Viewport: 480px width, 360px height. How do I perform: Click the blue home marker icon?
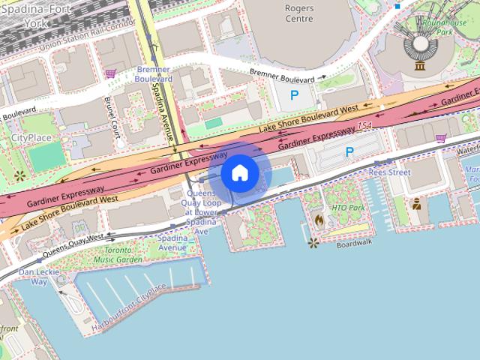pos(239,172)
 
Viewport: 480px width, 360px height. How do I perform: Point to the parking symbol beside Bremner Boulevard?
pos(294,95)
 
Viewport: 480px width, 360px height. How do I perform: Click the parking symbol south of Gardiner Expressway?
pos(349,151)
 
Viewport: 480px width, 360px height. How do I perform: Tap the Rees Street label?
pos(389,172)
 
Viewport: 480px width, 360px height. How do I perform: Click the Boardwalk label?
pos(354,244)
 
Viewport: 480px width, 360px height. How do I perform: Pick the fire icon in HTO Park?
pos(319,220)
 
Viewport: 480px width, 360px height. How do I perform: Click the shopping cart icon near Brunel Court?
pos(111,73)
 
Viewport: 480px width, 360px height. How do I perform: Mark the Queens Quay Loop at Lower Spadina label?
pos(202,212)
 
